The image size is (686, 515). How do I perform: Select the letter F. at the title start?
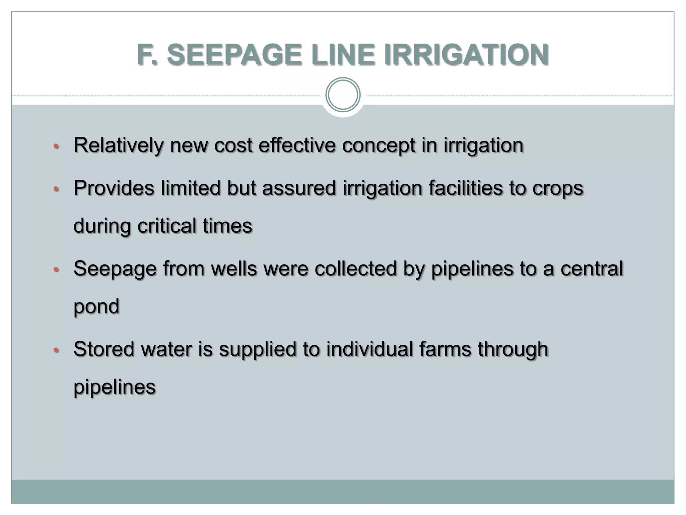click(x=147, y=55)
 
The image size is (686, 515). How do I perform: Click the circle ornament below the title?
click(x=343, y=95)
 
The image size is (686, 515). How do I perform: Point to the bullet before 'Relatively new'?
click(x=56, y=146)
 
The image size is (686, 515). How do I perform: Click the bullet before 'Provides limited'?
click(x=56, y=189)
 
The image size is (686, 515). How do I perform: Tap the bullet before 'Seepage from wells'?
click(x=56, y=269)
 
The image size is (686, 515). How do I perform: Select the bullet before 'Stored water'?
click(x=56, y=350)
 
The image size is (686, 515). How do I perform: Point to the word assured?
click(x=299, y=188)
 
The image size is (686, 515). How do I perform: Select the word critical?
click(x=167, y=225)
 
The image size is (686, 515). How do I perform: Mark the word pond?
click(x=96, y=307)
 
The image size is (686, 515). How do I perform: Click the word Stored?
click(x=104, y=349)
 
